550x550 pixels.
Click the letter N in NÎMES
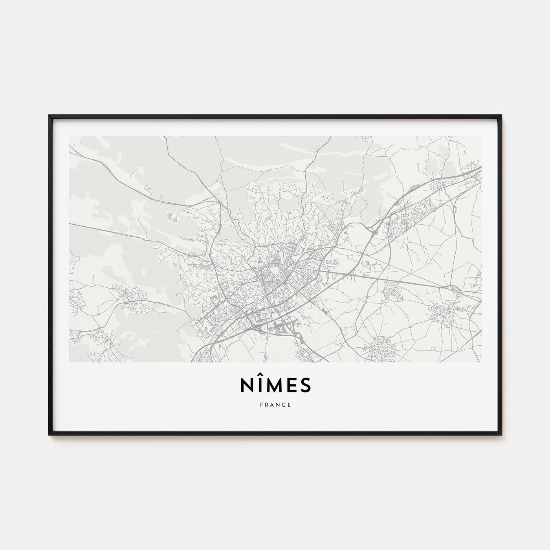[245, 386]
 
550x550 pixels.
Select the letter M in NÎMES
[275, 386]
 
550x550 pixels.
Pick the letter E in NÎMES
[291, 386]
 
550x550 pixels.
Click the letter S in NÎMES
[305, 386]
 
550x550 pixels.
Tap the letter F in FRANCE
[260, 405]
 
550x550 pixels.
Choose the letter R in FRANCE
[266, 405]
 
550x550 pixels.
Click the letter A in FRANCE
[272, 405]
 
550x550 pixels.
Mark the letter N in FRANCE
[278, 405]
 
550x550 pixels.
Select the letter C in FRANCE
[284, 405]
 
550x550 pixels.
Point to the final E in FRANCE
[290, 405]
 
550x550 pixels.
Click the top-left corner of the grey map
[69, 136]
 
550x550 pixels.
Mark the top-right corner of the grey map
[482, 136]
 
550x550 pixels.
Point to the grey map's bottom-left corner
[69, 362]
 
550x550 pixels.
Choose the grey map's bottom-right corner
[482, 362]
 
